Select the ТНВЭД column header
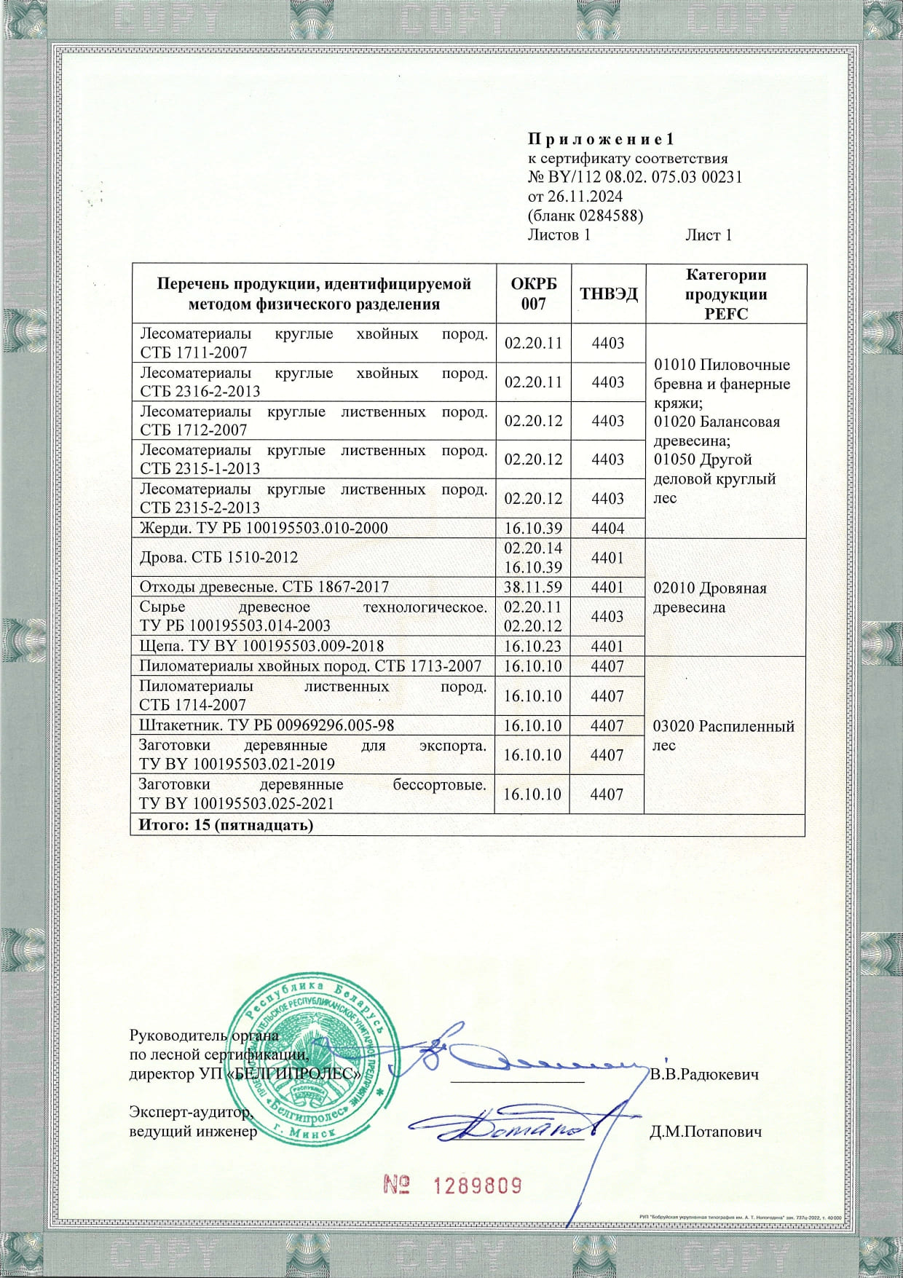tap(608, 294)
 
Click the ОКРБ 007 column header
tap(533, 294)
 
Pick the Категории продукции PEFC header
tap(726, 294)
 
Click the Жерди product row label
tap(264, 528)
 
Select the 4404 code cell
tap(607, 528)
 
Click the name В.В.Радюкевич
tap(704, 1075)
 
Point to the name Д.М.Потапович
tap(705, 1132)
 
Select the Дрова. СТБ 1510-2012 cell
tap(218, 557)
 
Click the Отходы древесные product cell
tap(264, 586)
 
